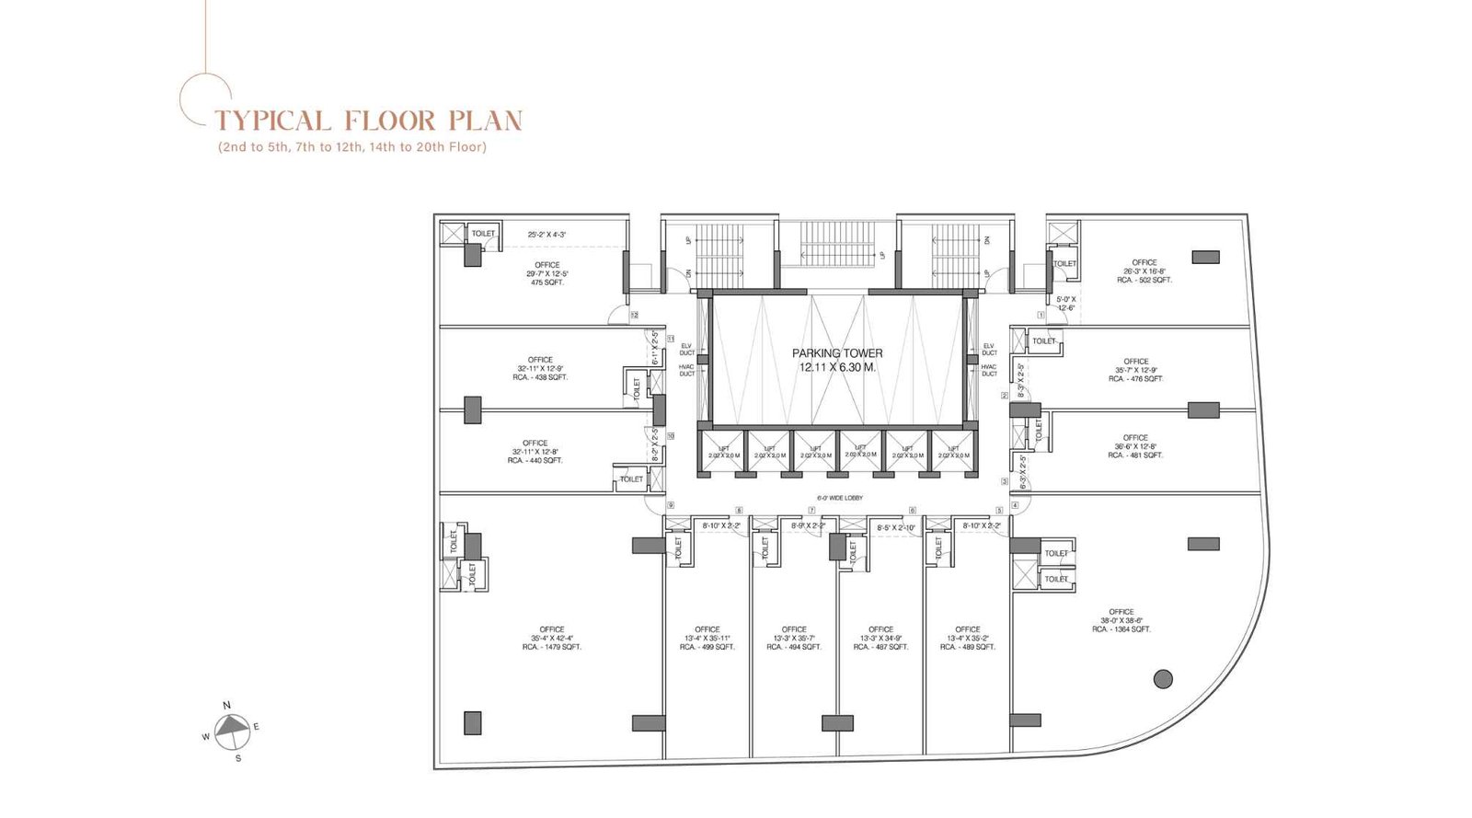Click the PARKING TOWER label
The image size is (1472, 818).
[837, 353]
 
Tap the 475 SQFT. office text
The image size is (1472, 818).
[546, 282]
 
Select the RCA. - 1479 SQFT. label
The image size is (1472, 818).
[552, 647]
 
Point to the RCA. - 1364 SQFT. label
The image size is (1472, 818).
[1121, 629]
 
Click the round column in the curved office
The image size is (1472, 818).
[1163, 679]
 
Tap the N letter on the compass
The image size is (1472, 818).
[227, 705]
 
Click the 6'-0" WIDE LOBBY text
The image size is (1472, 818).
[839, 498]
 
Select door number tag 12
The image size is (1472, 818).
[634, 315]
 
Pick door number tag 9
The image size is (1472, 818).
[671, 505]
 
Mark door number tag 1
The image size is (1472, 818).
[1041, 315]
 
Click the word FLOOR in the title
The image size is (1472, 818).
[390, 121]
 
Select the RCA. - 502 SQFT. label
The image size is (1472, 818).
[1144, 280]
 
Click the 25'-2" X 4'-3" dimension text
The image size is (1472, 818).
[546, 235]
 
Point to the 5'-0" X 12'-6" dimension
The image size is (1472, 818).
[1065, 304]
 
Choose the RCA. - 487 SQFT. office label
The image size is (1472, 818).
[880, 647]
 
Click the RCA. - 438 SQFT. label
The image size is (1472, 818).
[540, 377]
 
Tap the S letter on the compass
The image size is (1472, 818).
[237, 758]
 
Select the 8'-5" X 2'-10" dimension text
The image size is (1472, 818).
[895, 528]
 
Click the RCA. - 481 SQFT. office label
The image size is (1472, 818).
[1135, 455]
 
